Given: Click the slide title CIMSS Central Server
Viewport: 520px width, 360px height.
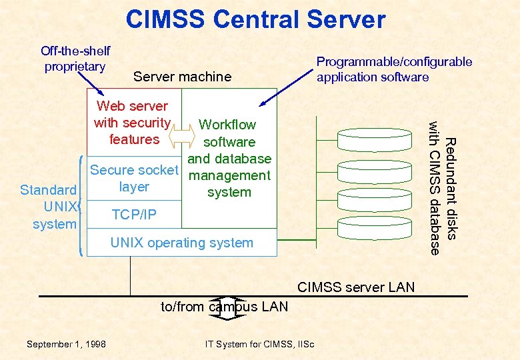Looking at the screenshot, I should [255, 19].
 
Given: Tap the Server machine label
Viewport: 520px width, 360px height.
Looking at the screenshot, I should [182, 77].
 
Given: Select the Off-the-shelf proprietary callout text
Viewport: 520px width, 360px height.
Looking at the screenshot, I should [75, 59].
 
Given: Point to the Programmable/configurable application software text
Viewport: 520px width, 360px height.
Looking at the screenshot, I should [393, 69].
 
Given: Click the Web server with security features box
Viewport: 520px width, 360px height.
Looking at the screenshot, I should [133, 123].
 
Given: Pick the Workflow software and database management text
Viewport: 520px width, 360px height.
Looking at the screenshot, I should [229, 159].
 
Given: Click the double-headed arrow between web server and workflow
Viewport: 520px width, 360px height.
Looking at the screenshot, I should [180, 135].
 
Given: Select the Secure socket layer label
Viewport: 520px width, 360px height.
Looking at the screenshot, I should [134, 178].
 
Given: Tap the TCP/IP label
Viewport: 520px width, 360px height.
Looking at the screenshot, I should [135, 214].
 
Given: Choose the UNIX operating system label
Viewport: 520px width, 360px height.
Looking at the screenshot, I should [181, 243].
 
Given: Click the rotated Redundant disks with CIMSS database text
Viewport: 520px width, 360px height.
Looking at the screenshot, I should [443, 187].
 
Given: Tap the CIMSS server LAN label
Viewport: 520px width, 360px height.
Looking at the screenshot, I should [355, 287].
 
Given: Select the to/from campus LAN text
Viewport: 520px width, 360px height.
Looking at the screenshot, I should [224, 307].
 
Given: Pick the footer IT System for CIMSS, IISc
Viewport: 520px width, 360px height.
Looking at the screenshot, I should [260, 344].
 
